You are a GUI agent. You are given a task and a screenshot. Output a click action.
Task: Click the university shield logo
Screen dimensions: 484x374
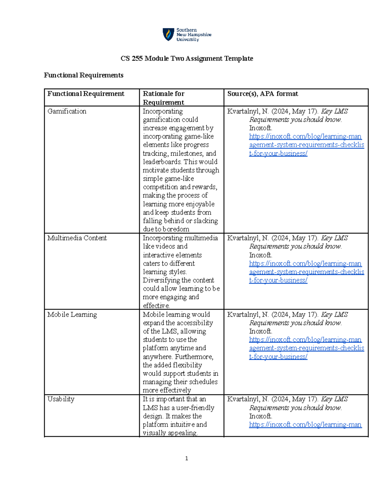pos(168,34)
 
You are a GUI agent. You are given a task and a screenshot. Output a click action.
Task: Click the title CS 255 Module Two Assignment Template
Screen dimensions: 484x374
pos(187,59)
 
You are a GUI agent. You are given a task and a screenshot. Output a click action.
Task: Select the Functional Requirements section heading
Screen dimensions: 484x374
pos(84,75)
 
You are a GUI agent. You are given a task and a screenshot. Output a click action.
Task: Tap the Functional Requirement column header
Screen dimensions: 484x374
pos(86,94)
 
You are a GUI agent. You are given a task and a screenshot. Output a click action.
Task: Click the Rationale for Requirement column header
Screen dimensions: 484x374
pos(164,98)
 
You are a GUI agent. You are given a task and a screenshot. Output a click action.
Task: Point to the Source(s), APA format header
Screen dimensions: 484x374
pos(262,94)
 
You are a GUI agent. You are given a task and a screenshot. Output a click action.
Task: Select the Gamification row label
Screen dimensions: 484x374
pos(67,111)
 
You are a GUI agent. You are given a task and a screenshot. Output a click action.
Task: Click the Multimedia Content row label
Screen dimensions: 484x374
pos(77,238)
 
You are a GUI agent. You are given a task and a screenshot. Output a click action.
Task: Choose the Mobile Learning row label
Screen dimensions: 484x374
pos(72,314)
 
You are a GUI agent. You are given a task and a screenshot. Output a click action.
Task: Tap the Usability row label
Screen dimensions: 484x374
pos(61,399)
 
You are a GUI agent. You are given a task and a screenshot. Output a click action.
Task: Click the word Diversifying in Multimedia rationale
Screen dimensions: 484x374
pos(161,280)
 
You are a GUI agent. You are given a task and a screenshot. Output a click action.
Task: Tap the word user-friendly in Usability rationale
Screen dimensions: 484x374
pos(195,408)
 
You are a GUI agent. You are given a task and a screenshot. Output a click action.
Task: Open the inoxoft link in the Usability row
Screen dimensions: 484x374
pos(305,424)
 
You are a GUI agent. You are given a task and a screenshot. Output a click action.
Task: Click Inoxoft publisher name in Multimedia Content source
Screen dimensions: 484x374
pos(260,255)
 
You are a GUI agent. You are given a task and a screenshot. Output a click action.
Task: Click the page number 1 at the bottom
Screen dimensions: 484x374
pos(186,458)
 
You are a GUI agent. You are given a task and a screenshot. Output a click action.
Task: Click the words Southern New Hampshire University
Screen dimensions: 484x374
pos(194,35)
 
